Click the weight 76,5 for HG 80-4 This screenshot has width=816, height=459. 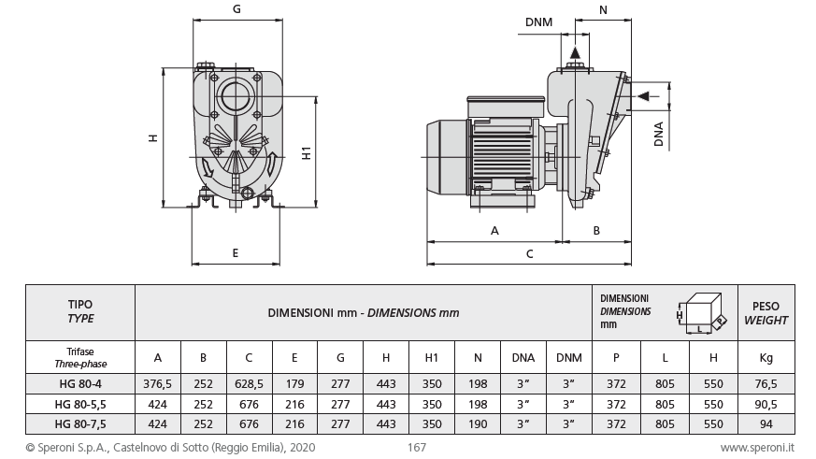point(766,380)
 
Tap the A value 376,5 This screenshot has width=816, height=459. point(157,380)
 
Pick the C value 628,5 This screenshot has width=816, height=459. point(249,380)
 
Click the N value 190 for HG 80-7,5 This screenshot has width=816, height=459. point(478,423)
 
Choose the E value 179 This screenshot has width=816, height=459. point(294,380)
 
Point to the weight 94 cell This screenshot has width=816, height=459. point(766,423)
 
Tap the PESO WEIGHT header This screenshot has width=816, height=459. point(766,312)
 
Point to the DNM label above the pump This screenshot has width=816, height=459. point(538,22)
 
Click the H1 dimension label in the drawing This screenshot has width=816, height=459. point(308,152)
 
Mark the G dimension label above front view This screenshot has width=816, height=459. point(236,10)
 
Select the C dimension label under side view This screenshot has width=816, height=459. point(529,253)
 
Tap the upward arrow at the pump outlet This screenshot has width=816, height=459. point(574,50)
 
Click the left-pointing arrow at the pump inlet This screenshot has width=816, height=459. point(643,94)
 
